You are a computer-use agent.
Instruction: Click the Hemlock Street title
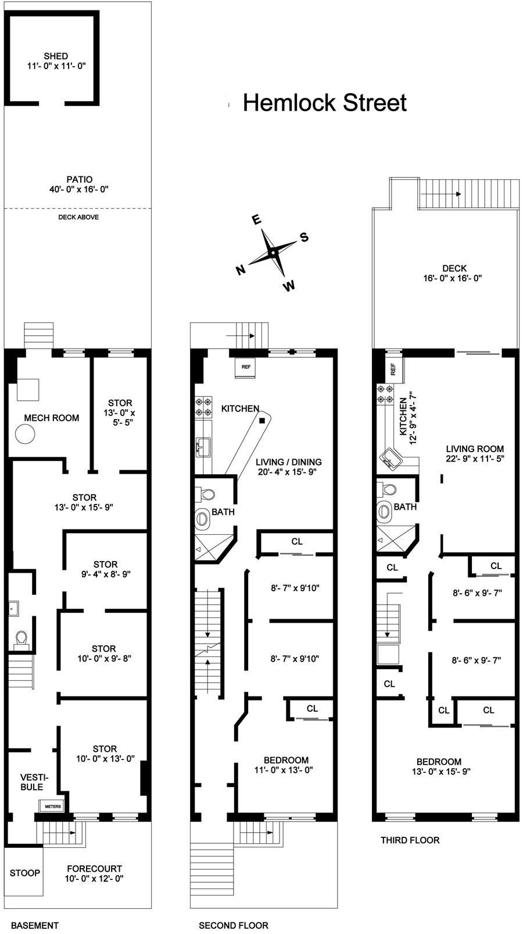point(324,103)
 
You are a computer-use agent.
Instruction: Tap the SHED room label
point(56,56)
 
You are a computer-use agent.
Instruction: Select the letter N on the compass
point(239,269)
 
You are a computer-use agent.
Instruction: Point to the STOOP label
point(25,873)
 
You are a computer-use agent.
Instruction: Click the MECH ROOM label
point(52,418)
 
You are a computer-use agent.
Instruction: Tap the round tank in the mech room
point(26,434)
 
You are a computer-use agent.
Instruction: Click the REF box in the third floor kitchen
point(393,368)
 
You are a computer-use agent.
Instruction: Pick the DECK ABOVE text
point(78,217)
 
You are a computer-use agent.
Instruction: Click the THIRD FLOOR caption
point(410,840)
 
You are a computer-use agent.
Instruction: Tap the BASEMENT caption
point(35,925)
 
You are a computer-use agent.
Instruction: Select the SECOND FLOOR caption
point(234,925)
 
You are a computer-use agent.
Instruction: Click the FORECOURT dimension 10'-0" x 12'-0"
point(94,879)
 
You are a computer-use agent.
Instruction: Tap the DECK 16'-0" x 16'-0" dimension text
point(454,278)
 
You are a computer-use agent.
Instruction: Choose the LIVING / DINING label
point(289,462)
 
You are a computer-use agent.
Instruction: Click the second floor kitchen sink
point(203,446)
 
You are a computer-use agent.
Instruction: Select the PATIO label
point(79,180)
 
